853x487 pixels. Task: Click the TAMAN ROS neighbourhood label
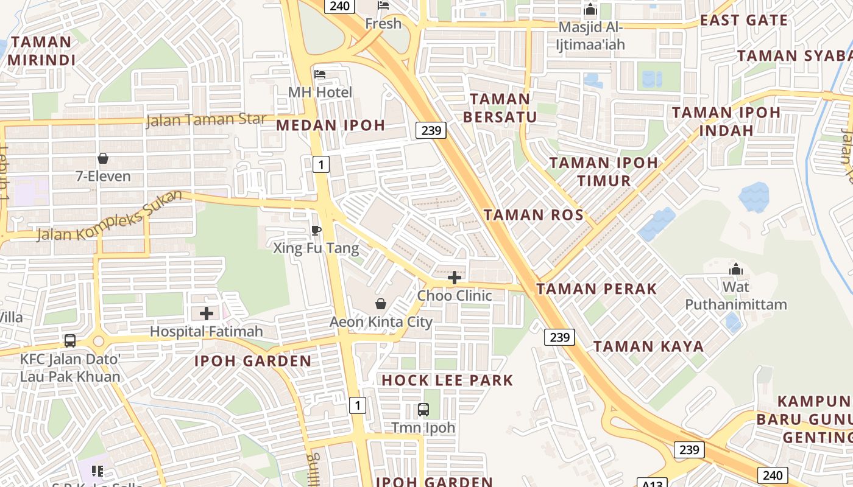coord(534,215)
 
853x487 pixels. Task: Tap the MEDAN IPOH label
coord(331,125)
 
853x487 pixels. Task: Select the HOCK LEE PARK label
coord(447,380)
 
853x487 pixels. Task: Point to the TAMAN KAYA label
coord(648,347)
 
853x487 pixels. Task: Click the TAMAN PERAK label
coord(596,289)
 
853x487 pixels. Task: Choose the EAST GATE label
coord(744,20)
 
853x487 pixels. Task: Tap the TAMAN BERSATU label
coord(500,108)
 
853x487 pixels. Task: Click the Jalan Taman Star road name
coord(206,120)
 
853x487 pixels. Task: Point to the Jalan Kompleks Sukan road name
coord(110,216)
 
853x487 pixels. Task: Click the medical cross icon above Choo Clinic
coord(455,278)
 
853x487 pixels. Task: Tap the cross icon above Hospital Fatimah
coord(207,314)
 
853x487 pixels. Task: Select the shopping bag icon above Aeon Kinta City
coord(381,303)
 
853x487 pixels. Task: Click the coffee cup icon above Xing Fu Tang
coord(316,230)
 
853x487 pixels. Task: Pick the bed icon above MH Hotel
coord(320,74)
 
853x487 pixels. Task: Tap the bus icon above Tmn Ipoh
coord(423,410)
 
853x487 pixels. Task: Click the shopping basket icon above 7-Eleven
coord(103,158)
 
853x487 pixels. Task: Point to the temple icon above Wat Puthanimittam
coord(735,268)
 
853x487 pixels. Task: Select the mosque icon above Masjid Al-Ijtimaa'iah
coord(590,10)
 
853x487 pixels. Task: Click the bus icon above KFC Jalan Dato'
coord(70,341)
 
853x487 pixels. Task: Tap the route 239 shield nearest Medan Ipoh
coord(431,130)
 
